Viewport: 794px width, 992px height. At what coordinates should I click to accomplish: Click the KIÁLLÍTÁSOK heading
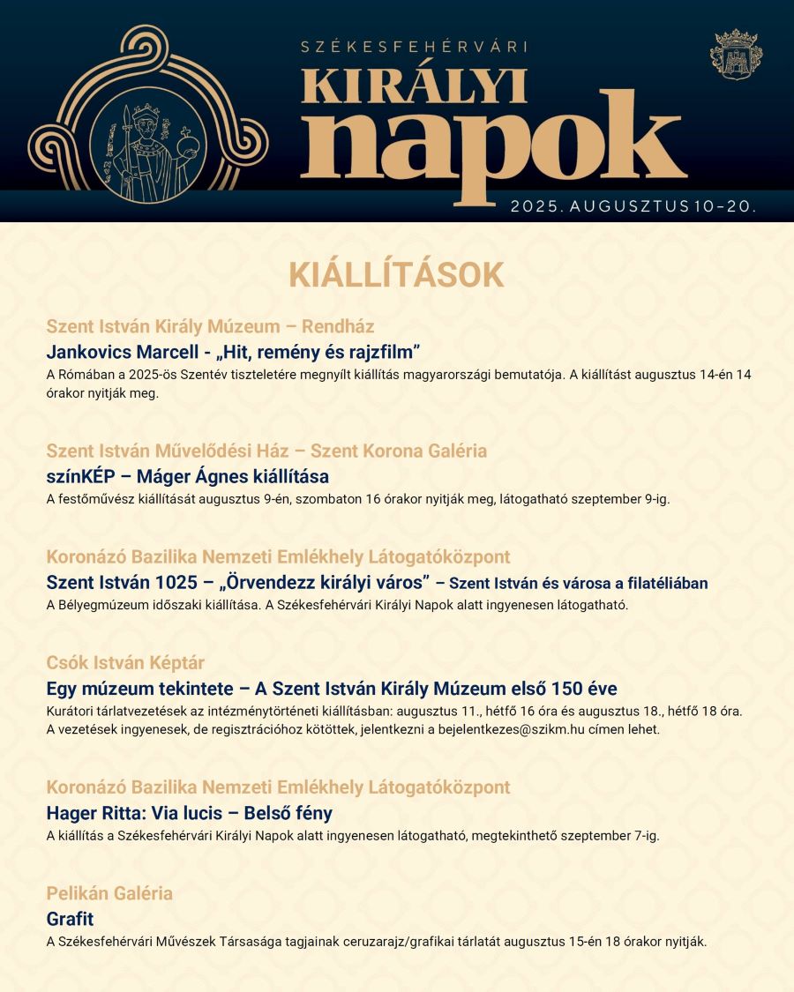click(396, 275)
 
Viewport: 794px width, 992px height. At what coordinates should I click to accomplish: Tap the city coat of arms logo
click(736, 55)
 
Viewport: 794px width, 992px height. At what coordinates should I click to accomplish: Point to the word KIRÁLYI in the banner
click(414, 86)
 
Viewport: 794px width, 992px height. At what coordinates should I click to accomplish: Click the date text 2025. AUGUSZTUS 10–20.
click(633, 206)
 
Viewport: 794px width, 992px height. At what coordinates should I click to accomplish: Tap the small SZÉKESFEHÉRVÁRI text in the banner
click(414, 47)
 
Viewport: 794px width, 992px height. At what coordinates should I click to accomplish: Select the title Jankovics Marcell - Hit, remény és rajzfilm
click(233, 352)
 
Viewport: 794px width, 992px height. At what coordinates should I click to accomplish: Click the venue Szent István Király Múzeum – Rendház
click(210, 326)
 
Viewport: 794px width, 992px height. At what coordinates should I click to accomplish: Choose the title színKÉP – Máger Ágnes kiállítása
click(187, 477)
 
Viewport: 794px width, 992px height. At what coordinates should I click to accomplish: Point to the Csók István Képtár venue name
click(125, 662)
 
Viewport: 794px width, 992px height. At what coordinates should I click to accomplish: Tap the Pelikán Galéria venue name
click(109, 893)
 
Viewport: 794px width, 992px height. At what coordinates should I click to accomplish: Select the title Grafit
click(70, 919)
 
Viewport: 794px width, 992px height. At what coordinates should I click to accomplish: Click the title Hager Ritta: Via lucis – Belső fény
click(189, 813)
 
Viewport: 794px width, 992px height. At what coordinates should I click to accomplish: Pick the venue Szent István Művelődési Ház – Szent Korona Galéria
click(266, 451)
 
